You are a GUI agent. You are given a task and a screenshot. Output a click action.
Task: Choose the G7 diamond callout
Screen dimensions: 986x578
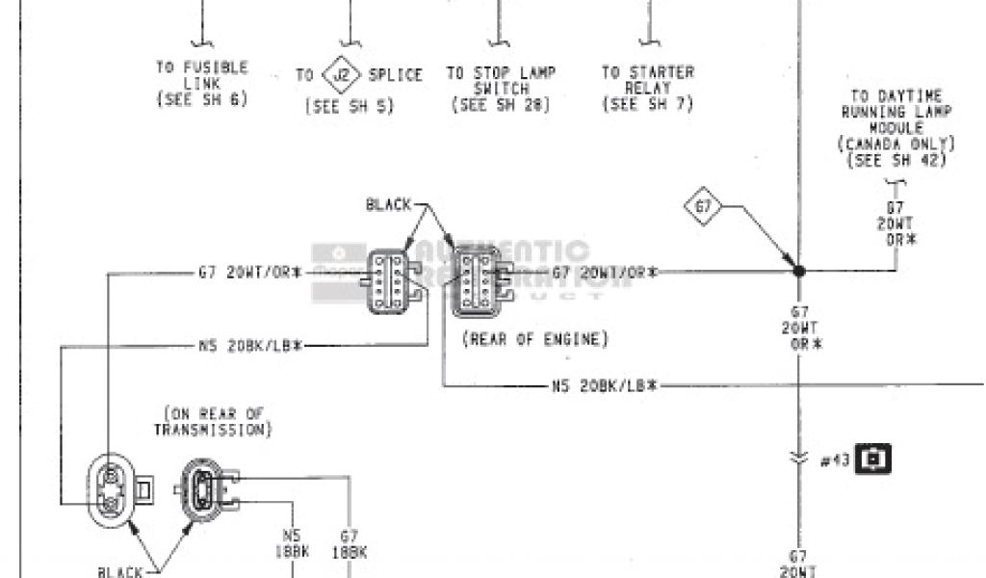pos(702,205)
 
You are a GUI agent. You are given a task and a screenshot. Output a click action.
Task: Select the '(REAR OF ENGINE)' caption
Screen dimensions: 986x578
pos(534,339)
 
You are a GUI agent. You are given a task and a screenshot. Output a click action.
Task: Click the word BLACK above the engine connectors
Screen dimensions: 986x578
pos(389,204)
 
